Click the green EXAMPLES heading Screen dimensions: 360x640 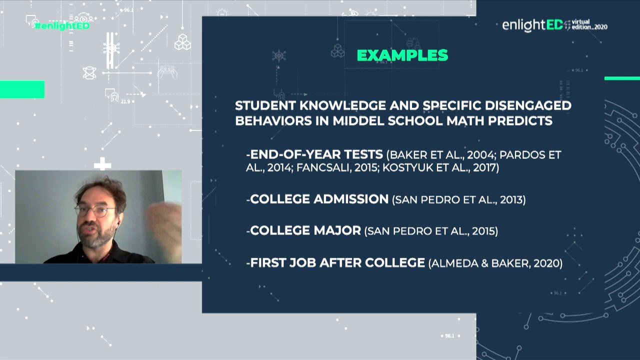click(x=402, y=55)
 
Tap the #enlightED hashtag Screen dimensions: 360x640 click(x=62, y=26)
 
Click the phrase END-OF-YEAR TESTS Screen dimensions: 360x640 click(x=316, y=154)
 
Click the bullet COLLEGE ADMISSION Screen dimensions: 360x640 click(x=319, y=199)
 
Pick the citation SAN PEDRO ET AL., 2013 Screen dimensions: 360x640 click(x=459, y=200)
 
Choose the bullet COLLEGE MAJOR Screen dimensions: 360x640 click(x=305, y=230)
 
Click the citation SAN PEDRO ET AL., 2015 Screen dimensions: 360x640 click(x=431, y=231)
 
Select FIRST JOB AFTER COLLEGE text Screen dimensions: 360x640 click(x=337, y=262)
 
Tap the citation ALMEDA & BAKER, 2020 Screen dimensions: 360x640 click(x=495, y=263)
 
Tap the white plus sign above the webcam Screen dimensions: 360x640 click(x=102, y=164)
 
